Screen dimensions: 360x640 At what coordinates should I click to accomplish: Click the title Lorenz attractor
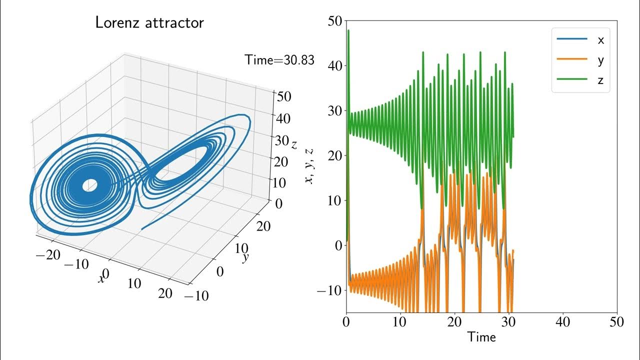pyautogui.click(x=149, y=23)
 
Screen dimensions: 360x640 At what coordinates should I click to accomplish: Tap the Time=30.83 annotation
pyautogui.click(x=279, y=60)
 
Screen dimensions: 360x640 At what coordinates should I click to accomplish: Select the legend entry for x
pyautogui.click(x=600, y=40)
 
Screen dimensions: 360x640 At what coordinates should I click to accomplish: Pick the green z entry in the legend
pyautogui.click(x=600, y=80)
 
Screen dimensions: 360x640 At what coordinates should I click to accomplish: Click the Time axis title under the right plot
pyautogui.click(x=481, y=337)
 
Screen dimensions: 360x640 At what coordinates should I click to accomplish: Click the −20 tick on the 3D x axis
pyautogui.click(x=48, y=254)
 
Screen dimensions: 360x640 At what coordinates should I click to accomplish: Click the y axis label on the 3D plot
pyautogui.click(x=245, y=257)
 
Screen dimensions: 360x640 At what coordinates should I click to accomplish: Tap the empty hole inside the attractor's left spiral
pyautogui.click(x=89, y=185)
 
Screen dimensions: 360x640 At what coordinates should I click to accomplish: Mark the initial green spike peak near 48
pyautogui.click(x=348, y=30)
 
